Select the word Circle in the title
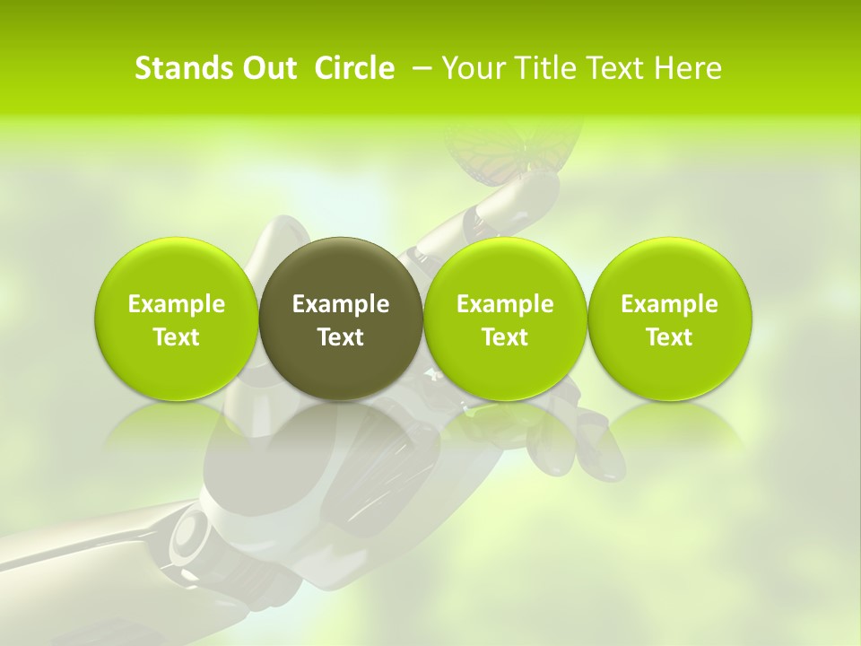pos(354,68)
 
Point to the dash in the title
pos(420,68)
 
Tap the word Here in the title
pos(687,68)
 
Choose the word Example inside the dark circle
pos(341,304)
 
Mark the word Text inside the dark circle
pos(341,337)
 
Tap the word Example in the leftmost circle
pos(177,304)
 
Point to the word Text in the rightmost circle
pos(670,337)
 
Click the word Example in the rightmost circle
pos(670,304)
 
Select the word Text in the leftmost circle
pos(177,337)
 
